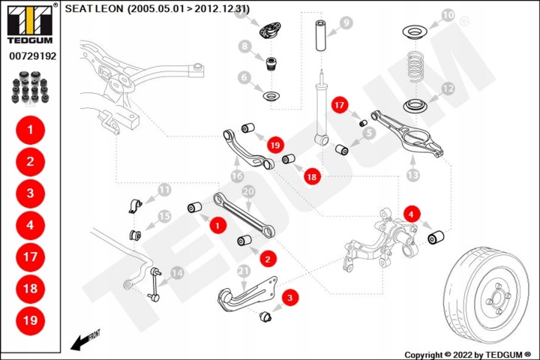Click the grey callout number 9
(346, 23)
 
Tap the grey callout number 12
(448, 89)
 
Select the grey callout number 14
(177, 273)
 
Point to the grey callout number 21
(244, 271)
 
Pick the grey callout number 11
(164, 190)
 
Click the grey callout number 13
(413, 175)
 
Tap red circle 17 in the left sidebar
(30, 257)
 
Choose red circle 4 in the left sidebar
(30, 225)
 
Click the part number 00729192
(33, 55)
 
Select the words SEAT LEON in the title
(94, 8)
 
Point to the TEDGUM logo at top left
(30, 24)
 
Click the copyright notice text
(468, 355)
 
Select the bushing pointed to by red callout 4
(436, 237)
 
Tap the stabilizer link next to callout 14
(155, 285)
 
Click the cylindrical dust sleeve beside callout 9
(321, 35)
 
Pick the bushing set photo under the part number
(30, 88)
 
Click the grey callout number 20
(248, 192)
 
